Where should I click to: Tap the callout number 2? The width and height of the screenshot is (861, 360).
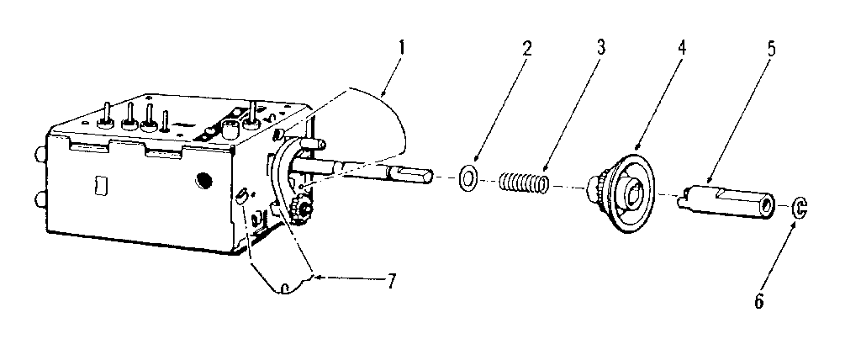527,49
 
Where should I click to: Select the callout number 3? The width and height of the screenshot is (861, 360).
601,47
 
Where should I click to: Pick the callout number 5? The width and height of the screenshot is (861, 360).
772,49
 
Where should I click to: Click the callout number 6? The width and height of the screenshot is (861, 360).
759,301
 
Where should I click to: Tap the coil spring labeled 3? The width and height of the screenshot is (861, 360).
524,183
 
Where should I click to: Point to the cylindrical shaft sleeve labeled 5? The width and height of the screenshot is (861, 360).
726,201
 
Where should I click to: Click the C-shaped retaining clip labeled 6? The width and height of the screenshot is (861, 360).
800,209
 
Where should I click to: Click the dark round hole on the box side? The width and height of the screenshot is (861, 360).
204,180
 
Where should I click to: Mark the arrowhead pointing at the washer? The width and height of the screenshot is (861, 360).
476,159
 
